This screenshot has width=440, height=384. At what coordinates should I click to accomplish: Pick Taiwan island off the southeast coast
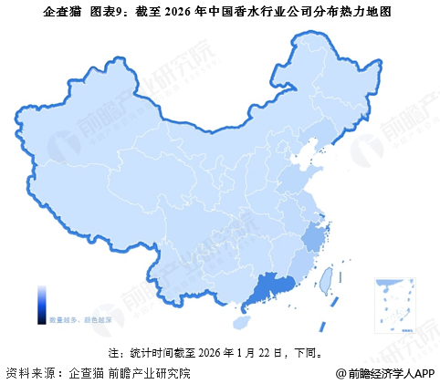pos(321,285)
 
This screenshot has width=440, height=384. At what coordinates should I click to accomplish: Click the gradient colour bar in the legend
pos(43,303)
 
